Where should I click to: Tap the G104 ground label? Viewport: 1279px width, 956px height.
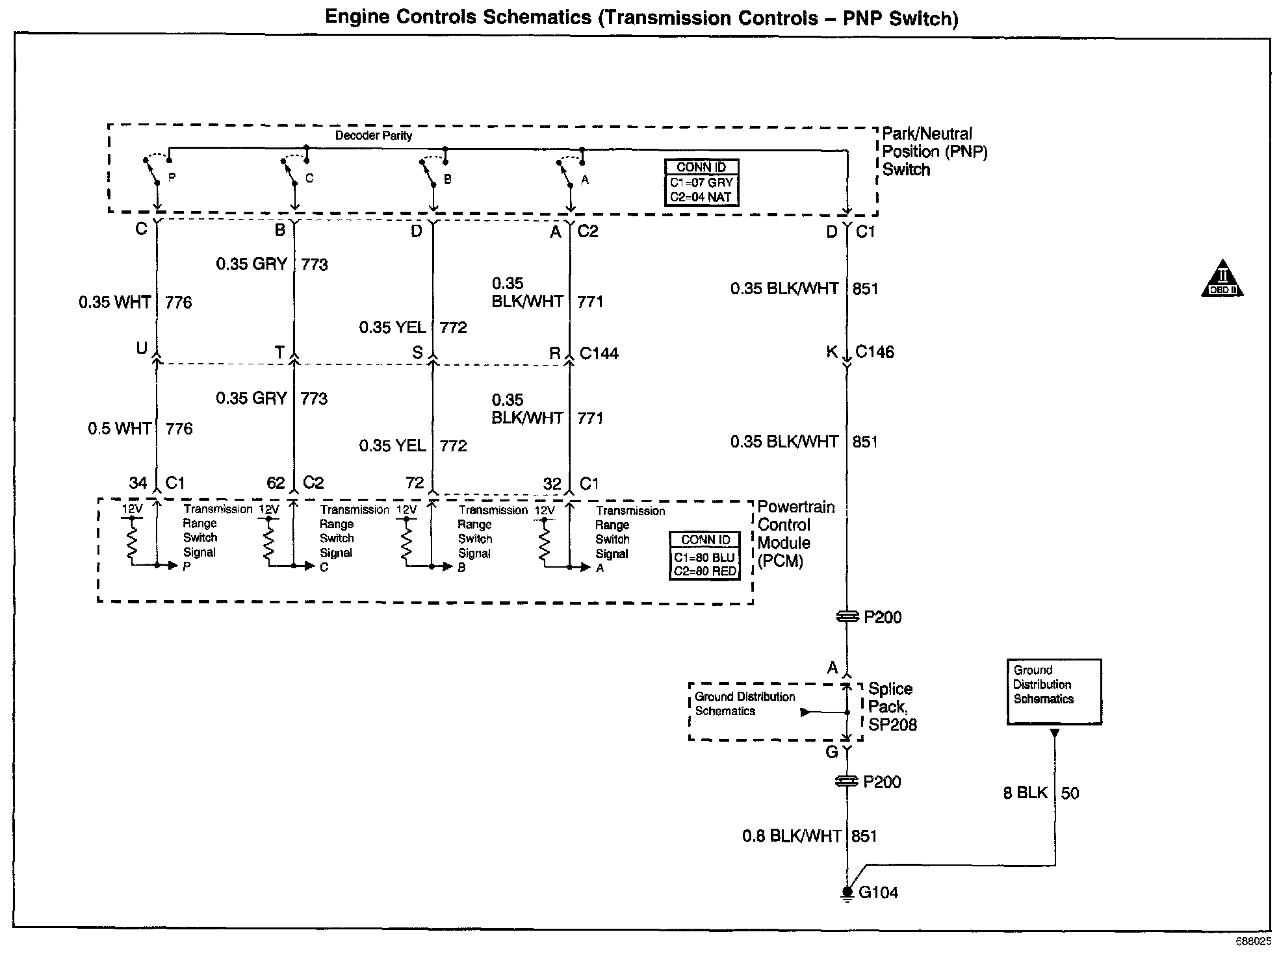[x=878, y=892]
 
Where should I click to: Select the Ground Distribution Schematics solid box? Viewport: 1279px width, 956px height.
[x=1053, y=691]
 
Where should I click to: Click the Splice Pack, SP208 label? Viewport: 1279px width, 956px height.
[x=892, y=707]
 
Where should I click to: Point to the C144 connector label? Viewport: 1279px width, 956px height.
[x=599, y=353]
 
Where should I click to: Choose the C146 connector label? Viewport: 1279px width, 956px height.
[x=874, y=352]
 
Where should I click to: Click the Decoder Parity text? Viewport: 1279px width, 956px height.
[x=373, y=136]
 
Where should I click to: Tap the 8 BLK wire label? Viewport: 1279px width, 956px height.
[x=1026, y=793]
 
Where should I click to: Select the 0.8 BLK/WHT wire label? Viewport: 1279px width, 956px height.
[x=792, y=836]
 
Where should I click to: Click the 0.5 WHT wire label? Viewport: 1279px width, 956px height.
[x=120, y=429]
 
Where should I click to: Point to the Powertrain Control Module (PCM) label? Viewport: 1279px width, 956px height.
[x=796, y=534]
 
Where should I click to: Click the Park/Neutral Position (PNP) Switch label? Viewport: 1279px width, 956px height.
[x=934, y=151]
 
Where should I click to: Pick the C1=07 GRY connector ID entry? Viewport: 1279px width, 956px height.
[x=701, y=182]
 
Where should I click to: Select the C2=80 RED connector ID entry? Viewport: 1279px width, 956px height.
[x=704, y=572]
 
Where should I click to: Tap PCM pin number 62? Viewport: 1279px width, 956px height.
[x=276, y=483]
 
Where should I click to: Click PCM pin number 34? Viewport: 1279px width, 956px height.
[x=138, y=483]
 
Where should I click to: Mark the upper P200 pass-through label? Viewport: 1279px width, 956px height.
[x=882, y=617]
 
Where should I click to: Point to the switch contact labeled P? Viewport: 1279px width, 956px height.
[x=172, y=177]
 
